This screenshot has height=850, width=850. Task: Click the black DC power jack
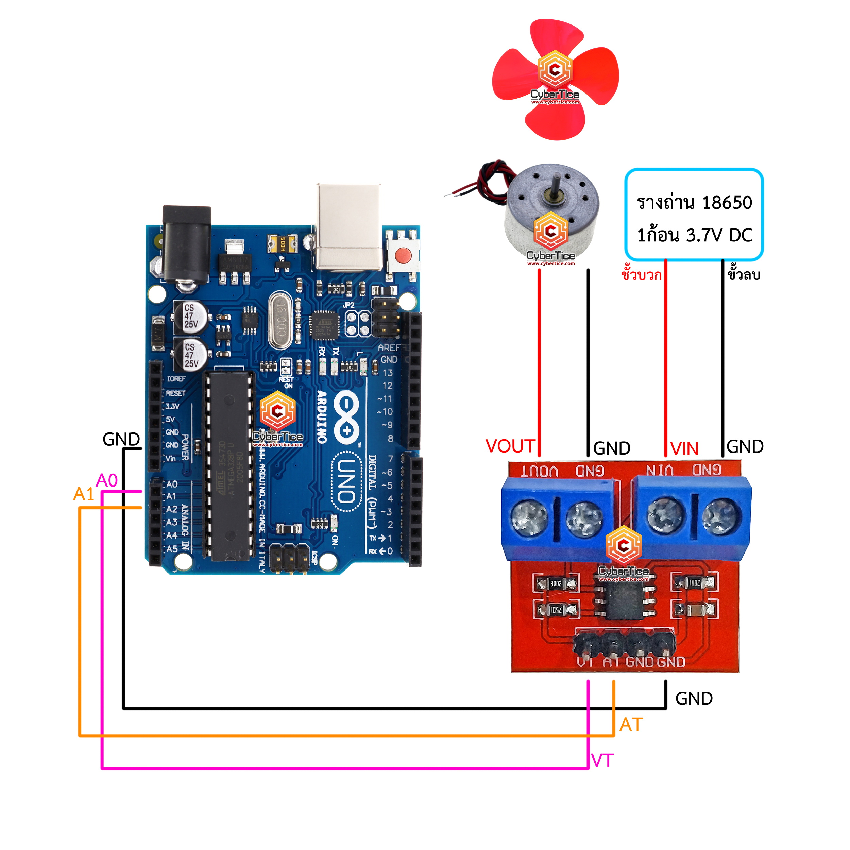187,247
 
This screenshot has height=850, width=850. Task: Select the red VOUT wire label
510,446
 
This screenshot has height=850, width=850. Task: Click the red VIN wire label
684,449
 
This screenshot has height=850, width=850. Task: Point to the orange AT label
631,725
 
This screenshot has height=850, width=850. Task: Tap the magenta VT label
602,761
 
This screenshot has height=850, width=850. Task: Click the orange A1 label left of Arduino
84,494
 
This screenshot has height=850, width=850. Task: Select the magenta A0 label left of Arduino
107,480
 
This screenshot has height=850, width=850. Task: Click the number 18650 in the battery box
727,203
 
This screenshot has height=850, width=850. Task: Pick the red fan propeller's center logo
555,69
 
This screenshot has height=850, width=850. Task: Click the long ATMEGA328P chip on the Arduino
229,467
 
